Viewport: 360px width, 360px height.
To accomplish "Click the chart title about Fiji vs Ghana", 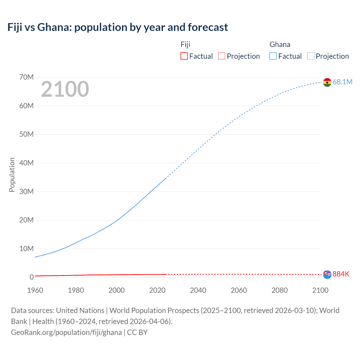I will pos(118,27).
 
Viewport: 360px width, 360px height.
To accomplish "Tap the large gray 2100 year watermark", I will pos(65,89).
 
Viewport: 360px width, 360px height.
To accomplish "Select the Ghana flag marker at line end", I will pos(327,82).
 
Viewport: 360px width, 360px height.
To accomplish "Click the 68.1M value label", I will pos(342,82).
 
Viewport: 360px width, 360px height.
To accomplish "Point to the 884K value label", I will pos(341,274).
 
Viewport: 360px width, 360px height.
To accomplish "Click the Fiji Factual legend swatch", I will pos(184,56).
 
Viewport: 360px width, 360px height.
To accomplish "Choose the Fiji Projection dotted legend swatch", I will pos(222,56).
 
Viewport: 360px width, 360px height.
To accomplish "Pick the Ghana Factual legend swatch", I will pos(273,56).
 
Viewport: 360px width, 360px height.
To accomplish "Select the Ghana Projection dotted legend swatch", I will pos(310,56).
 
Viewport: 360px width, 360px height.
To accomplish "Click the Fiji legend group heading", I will pos(185,44).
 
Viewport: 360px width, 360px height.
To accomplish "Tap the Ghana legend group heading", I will pos(280,44).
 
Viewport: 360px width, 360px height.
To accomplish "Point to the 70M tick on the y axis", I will pos(26,77).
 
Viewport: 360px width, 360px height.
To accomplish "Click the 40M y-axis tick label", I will pos(26,163).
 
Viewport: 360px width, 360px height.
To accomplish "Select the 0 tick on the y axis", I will pos(31,277).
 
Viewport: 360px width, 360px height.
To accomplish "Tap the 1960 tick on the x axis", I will pos(35,290).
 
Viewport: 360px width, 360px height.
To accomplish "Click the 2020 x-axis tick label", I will pos(157,290).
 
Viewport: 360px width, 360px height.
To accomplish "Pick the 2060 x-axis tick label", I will pos(239,290).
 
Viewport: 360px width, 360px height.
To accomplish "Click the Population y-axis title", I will pos(12,175).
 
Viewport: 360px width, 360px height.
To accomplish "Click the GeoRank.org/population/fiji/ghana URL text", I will pos(66,332).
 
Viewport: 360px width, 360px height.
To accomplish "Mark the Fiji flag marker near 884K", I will pos(327,273).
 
